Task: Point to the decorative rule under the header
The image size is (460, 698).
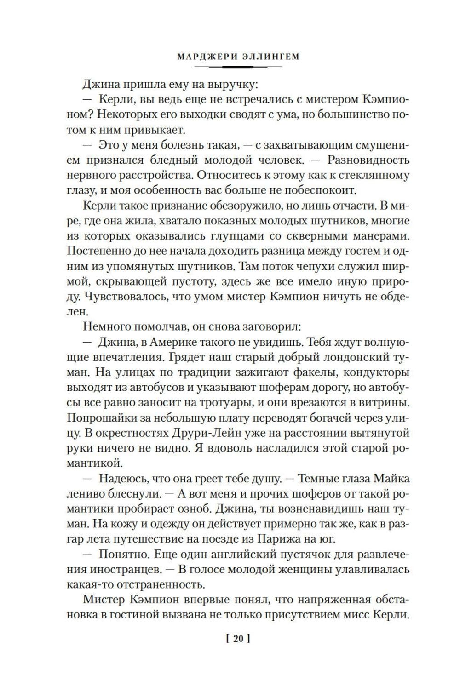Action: (x=237, y=67)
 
